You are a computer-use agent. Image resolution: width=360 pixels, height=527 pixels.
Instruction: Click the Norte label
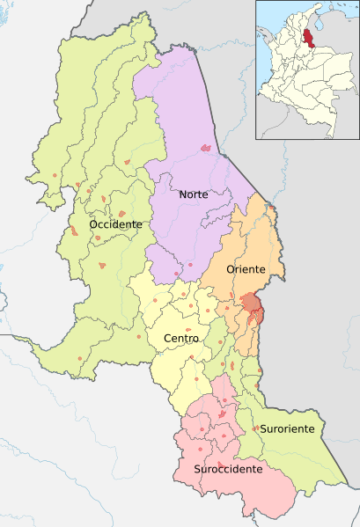pyautogui.click(x=193, y=194)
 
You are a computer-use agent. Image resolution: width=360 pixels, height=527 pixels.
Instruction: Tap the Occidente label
pyautogui.click(x=115, y=224)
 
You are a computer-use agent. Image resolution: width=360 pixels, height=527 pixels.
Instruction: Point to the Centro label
pyautogui.click(x=181, y=338)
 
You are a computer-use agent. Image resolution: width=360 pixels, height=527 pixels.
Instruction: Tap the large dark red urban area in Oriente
pyautogui.click(x=252, y=304)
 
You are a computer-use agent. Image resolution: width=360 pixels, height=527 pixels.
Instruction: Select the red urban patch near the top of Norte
pyautogui.click(x=205, y=148)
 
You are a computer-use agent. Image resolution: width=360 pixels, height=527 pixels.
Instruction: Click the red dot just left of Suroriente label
pyautogui.click(x=255, y=428)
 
